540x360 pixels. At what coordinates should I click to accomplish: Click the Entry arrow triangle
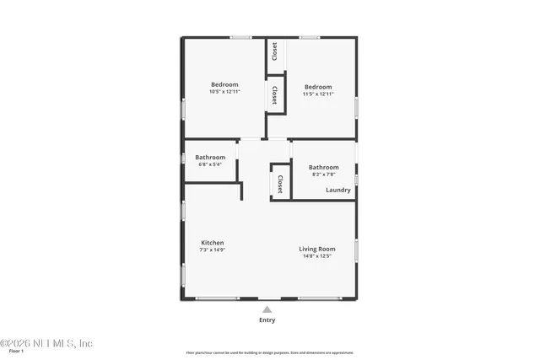tap(267, 309)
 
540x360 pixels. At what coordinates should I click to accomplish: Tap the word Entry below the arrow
tap(267, 320)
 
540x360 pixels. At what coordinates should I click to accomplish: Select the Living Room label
tap(317, 249)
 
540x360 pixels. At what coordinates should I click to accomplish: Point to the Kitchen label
tap(212, 243)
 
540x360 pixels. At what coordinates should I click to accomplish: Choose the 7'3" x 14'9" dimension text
tap(212, 250)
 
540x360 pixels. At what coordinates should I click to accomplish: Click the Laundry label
tap(337, 190)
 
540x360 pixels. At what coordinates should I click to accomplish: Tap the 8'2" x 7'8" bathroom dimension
tap(323, 175)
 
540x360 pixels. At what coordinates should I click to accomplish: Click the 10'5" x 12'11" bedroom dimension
tap(224, 93)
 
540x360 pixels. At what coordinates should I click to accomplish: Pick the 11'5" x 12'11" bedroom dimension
tap(318, 94)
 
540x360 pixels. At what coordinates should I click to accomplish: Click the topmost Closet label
tap(275, 51)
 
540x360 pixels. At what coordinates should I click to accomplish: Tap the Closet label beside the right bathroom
tap(279, 184)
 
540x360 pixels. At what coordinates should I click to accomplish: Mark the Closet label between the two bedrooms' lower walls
tap(275, 94)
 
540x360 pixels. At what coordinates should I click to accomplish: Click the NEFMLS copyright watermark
tap(46, 343)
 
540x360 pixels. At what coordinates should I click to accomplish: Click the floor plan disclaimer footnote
tap(270, 352)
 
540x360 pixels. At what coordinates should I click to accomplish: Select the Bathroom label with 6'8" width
tap(210, 157)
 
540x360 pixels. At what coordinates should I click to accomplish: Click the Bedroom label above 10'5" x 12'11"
tap(224, 85)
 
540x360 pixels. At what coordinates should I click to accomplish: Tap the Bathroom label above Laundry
tap(323, 167)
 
